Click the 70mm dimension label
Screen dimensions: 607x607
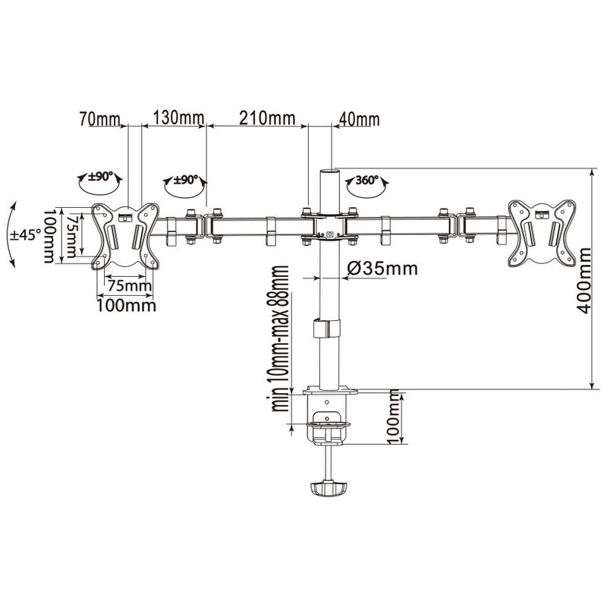(x=100, y=118)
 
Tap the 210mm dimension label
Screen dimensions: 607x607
(x=267, y=118)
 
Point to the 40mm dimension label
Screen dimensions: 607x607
(x=359, y=119)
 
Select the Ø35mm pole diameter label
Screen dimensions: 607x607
(x=382, y=269)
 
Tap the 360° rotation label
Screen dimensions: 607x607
(x=367, y=180)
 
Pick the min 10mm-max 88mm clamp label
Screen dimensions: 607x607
(x=280, y=338)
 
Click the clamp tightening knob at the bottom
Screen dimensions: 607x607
(x=328, y=488)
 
